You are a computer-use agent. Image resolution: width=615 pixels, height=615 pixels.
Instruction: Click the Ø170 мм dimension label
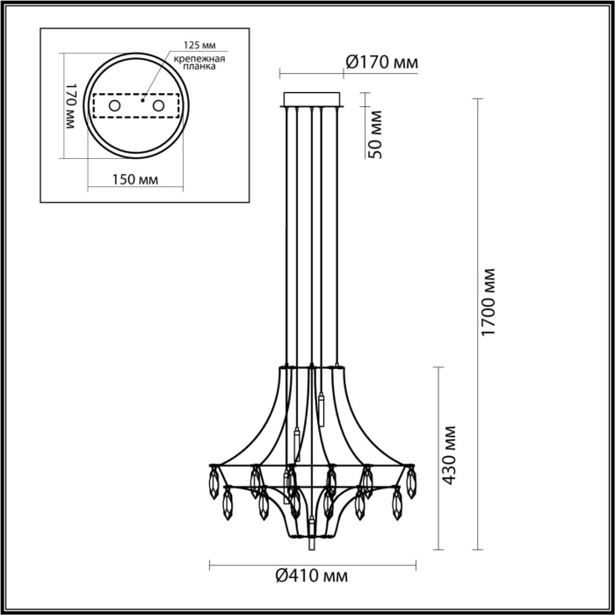click(380, 62)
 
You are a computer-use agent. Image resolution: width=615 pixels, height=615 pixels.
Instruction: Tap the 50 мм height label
click(374, 134)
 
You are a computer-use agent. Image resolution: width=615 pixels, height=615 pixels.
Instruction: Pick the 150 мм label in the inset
click(136, 179)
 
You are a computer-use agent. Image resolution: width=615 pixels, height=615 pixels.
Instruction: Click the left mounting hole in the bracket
click(113, 106)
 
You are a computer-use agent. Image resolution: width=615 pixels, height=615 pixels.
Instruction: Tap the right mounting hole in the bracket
click(159, 106)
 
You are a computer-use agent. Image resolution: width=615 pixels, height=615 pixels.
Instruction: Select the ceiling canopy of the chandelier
click(312, 98)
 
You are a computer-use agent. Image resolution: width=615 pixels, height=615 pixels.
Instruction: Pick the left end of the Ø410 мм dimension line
click(209, 562)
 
